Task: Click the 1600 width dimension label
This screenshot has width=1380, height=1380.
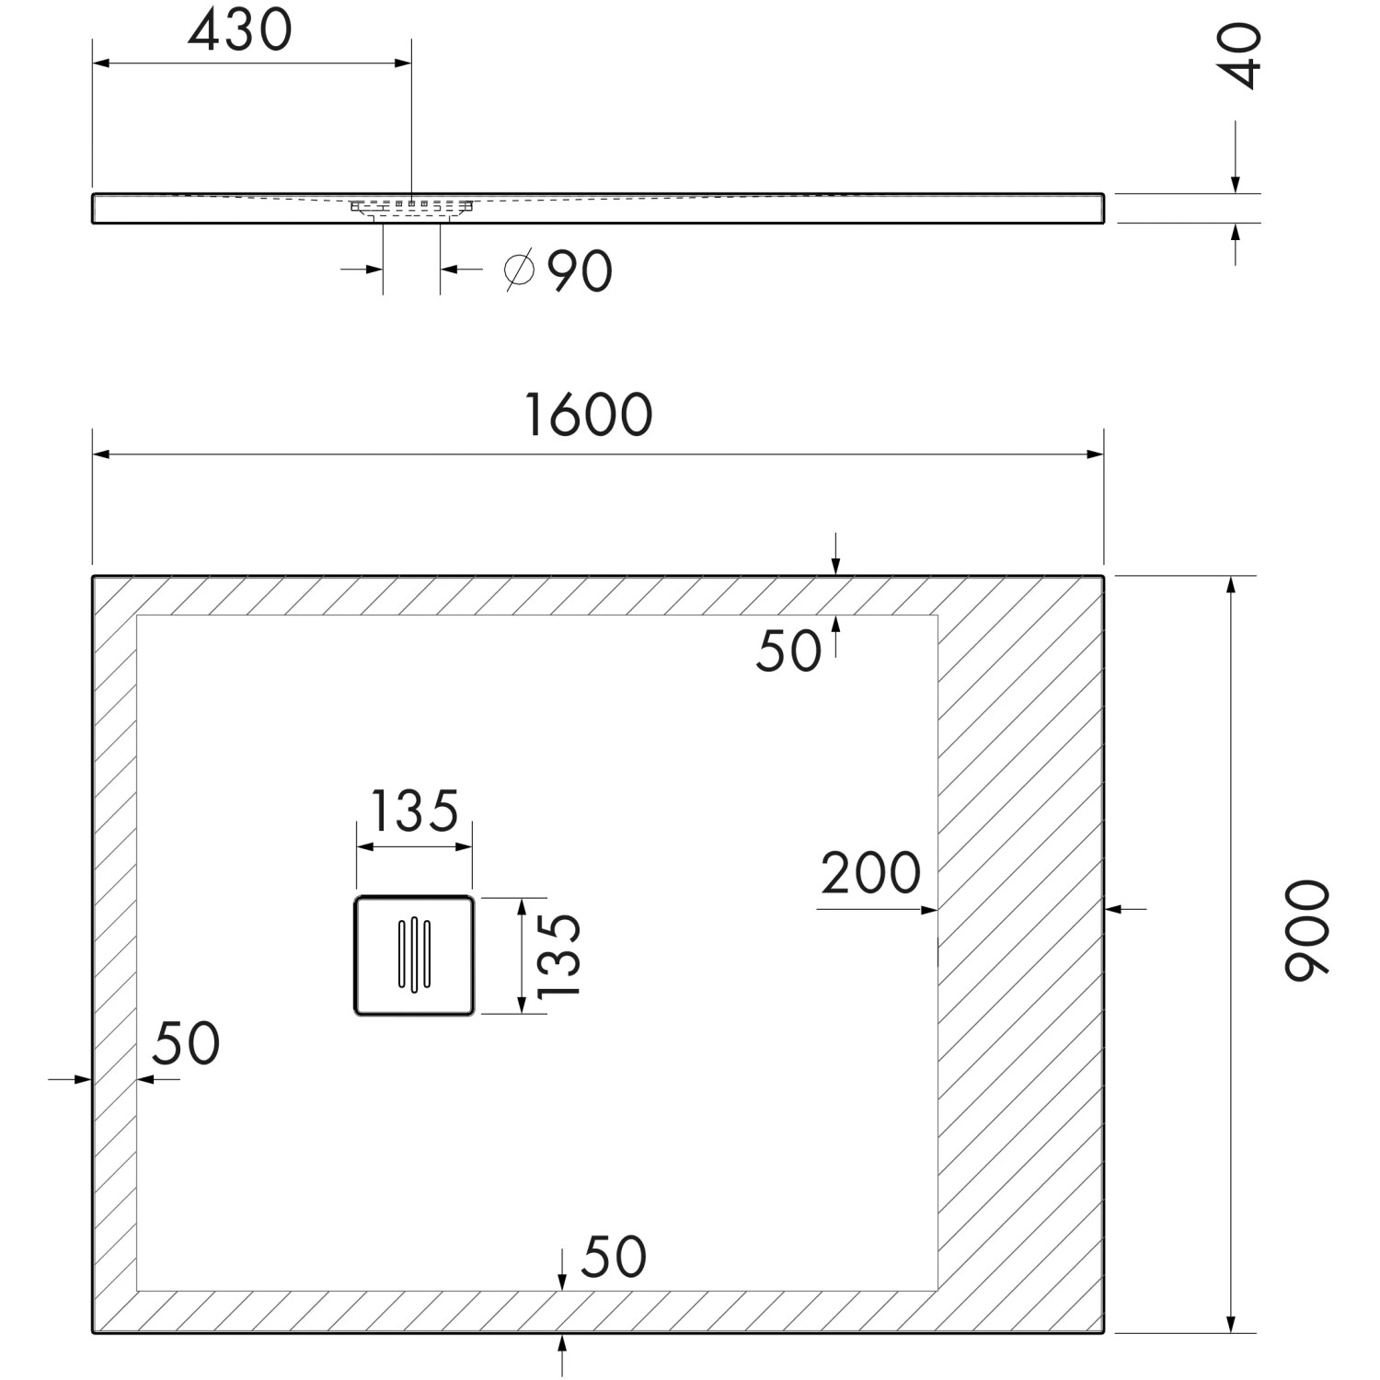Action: click(589, 415)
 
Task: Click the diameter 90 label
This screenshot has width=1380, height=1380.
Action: click(558, 271)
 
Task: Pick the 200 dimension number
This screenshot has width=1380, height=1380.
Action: click(870, 873)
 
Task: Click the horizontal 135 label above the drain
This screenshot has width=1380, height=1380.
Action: click(414, 811)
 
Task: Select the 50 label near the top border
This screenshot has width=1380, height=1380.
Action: click(788, 651)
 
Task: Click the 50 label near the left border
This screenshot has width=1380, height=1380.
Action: click(187, 1043)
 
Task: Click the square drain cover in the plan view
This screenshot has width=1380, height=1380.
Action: click(414, 955)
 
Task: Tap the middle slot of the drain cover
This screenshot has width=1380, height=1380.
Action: click(414, 955)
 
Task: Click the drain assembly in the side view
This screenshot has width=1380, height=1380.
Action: click(411, 208)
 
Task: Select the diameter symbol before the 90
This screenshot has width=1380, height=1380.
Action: click(520, 271)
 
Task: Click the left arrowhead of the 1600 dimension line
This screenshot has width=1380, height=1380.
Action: click(101, 454)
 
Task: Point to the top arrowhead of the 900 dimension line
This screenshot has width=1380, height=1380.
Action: click(1230, 585)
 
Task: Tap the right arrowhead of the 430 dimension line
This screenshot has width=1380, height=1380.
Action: click(402, 63)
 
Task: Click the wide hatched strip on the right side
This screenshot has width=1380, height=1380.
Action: click(1020, 954)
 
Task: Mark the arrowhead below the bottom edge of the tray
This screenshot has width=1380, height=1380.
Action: click(562, 1342)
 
